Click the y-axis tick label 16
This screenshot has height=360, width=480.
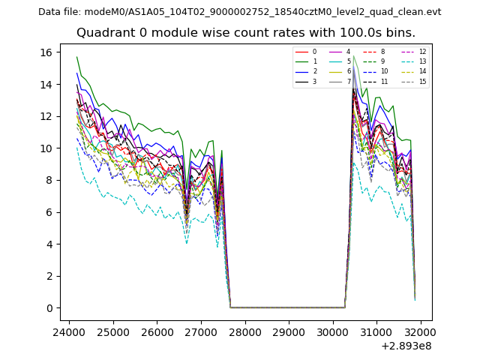pos(45,52)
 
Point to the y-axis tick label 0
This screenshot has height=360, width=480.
pos(48,308)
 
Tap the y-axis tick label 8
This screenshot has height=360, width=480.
pos(48,180)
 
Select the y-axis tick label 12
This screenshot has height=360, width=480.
pos(45,116)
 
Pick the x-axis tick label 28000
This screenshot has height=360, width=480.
pos(244,331)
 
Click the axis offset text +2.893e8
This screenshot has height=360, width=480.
pos(406,346)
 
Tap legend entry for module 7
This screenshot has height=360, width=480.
pos(349,81)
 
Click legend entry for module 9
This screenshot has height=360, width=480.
pos(382,61)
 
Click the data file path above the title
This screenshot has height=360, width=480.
pos(239,12)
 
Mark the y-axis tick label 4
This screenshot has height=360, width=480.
pos(48,244)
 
